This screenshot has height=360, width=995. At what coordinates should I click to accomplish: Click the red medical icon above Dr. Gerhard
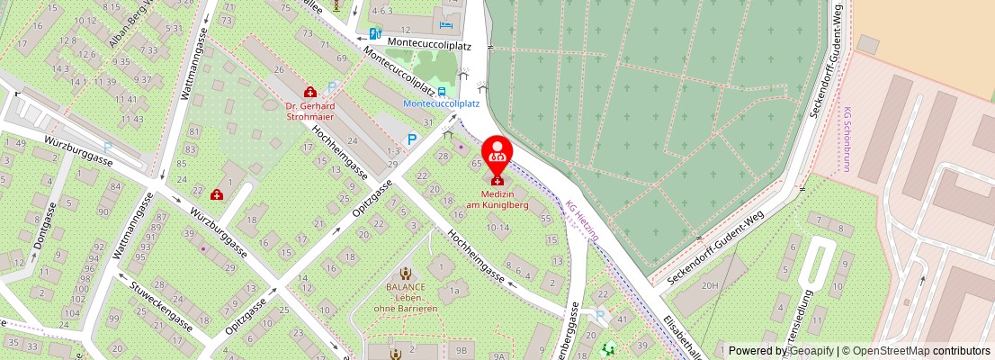(x=310, y=91)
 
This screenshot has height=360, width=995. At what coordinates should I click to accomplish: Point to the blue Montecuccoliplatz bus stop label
(x=440, y=103)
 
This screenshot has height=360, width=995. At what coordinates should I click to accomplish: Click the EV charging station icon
(x=375, y=34)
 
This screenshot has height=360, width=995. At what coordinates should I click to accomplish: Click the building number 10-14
(x=497, y=229)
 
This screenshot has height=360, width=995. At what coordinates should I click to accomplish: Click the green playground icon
(x=609, y=346)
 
